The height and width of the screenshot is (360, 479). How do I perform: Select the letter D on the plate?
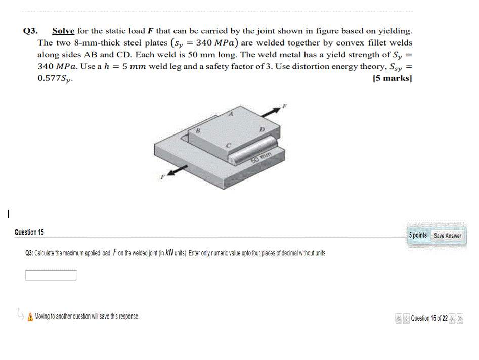point(262,130)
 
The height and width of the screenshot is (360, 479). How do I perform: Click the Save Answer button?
point(448,236)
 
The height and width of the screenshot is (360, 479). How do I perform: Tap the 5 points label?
point(418,236)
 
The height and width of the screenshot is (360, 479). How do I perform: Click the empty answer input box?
point(51,276)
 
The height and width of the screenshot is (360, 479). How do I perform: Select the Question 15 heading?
point(29,232)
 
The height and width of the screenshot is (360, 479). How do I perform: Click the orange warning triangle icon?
point(30,317)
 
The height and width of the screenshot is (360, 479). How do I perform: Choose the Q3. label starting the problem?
point(31,31)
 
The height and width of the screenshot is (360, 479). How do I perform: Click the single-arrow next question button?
point(453,319)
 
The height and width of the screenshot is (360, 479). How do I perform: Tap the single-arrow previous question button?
point(406,319)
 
